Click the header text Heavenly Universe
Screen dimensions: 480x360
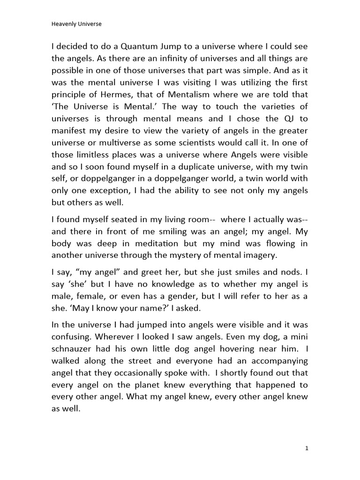[x=76, y=25]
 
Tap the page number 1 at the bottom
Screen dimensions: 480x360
[x=307, y=448]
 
